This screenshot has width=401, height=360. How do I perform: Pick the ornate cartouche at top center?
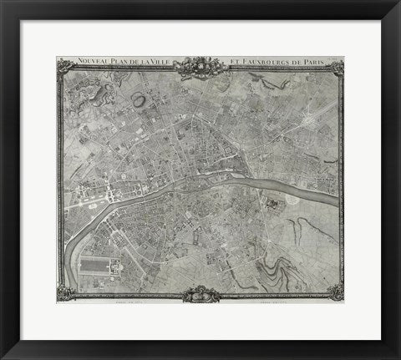tap(200, 65)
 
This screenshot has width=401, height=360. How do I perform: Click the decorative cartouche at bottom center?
tap(200, 293)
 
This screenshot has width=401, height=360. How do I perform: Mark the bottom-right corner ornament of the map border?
tap(336, 292)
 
